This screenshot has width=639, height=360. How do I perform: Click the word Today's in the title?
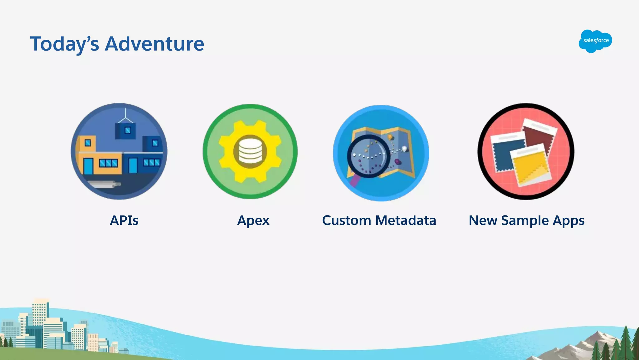[64, 44]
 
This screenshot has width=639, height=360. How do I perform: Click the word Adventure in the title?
[154, 44]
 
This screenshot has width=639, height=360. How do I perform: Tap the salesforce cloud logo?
[595, 41]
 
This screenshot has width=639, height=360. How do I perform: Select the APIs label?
[124, 220]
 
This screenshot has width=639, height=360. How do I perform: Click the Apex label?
[253, 221]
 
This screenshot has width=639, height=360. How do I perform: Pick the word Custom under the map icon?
[346, 220]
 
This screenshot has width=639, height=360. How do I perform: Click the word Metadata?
[406, 220]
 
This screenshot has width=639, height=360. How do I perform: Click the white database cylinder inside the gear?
[250, 151]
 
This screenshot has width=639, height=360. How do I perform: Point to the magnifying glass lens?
[368, 156]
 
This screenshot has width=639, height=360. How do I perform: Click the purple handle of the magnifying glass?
[354, 181]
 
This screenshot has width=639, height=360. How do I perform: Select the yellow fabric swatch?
[530, 165]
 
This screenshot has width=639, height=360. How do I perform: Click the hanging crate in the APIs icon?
[125, 131]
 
